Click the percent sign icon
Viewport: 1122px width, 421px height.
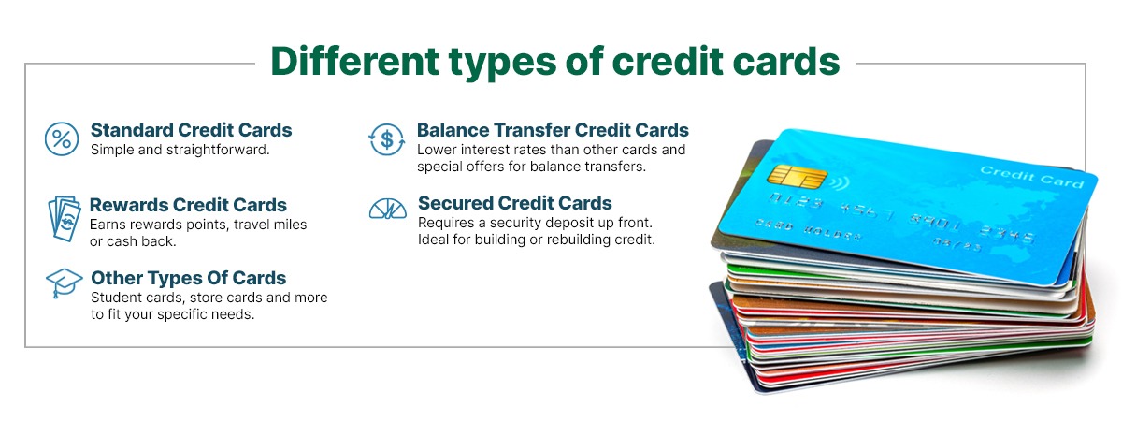click(62, 139)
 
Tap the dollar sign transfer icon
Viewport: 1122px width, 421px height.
click(386, 139)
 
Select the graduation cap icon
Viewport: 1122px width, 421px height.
click(64, 282)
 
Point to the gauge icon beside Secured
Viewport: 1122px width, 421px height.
click(387, 209)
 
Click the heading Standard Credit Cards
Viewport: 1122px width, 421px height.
click(191, 130)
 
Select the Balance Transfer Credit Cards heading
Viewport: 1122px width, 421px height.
click(553, 130)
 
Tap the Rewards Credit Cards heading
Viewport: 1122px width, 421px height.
click(188, 205)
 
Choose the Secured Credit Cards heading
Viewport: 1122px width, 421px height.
click(514, 203)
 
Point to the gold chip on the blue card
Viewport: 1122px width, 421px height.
click(784, 175)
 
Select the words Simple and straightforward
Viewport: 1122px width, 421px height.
click(180, 150)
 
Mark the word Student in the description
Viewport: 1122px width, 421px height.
click(115, 298)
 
